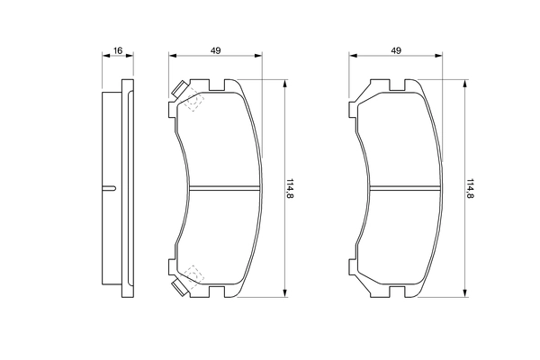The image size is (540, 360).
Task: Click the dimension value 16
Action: (117, 50)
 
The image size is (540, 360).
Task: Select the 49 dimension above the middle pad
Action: (216, 50)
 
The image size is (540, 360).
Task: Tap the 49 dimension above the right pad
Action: (396, 50)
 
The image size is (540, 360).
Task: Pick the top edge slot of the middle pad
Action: (216, 87)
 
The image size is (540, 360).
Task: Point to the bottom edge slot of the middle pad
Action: (216, 291)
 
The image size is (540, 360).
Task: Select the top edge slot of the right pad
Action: (396, 87)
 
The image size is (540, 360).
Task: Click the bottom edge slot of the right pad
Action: (396, 291)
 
